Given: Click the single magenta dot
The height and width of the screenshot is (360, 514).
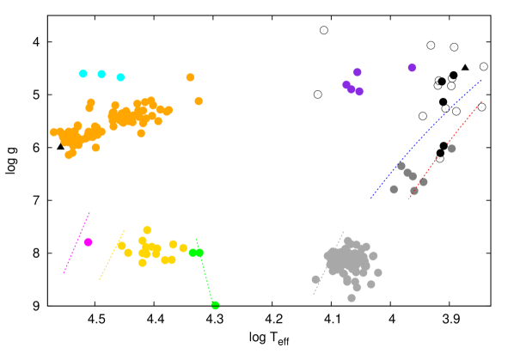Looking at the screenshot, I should click(88, 242).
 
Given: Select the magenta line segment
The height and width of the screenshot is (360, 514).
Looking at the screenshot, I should click(76, 243).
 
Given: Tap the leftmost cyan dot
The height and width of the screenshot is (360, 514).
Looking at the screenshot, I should click(83, 74).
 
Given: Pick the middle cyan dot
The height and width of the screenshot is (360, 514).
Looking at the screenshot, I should click(101, 74).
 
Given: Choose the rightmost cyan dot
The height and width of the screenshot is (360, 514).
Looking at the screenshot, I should click(120, 77).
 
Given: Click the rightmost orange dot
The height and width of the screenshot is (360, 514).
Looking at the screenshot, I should click(199, 101).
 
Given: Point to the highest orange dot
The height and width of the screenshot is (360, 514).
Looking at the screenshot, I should click(190, 77).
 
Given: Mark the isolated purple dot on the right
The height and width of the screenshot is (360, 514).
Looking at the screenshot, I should click(412, 68).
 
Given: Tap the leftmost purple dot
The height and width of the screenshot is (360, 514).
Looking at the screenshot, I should click(346, 84).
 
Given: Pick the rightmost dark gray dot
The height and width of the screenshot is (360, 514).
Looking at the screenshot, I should click(451, 149).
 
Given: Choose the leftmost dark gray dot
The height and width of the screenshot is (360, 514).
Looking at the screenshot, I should click(394, 189).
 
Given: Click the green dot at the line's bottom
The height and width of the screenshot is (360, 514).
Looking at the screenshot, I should click(215, 305).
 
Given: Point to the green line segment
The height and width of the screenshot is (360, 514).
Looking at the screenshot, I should click(205, 275).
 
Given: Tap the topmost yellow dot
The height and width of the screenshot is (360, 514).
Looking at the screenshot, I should click(147, 229).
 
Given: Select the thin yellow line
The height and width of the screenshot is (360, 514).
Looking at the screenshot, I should click(112, 255).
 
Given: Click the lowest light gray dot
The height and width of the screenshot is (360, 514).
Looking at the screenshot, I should click(352, 298).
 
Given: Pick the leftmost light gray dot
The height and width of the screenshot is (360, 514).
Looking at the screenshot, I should click(315, 279).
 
